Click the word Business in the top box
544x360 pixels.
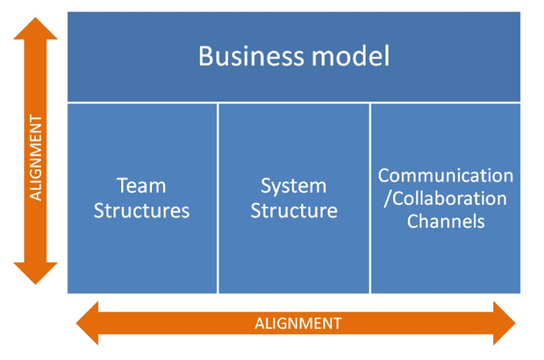tap(252, 56)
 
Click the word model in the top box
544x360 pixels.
tap(351, 56)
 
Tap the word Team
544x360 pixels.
tap(141, 186)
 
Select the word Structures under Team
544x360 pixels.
tap(141, 211)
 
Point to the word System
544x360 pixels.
tap(294, 186)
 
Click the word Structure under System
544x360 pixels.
tap(294, 211)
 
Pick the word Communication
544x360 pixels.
tap(446, 175)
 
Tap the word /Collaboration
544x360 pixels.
tap(446, 199)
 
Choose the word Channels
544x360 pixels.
tap(446, 221)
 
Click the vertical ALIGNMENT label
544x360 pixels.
tap(36, 158)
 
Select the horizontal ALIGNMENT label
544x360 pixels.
tap(299, 324)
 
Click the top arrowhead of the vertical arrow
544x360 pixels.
tap(36, 29)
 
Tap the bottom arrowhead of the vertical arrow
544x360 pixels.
tap(36, 274)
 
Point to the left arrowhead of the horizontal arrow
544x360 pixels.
tap(87, 323)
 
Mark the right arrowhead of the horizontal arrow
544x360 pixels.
tap(504, 323)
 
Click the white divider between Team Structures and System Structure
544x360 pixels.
tap(218, 199)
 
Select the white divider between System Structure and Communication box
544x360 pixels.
tap(370, 199)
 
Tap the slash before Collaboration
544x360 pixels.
tap(388, 199)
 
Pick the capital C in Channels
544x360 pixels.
tap(413, 221)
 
